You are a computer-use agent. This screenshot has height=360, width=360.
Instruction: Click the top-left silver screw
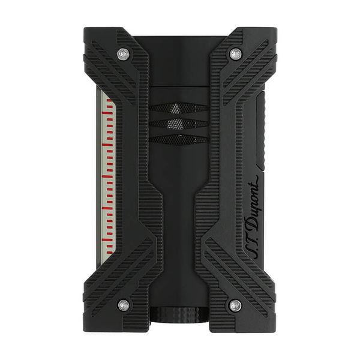click(x=123, y=55)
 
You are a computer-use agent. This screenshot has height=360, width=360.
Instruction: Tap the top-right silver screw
click(x=235, y=55)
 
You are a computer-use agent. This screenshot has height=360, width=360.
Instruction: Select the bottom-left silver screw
click(x=124, y=305)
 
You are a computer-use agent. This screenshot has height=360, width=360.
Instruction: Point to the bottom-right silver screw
click(x=235, y=305)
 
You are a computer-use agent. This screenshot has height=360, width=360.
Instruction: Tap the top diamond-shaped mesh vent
click(x=179, y=109)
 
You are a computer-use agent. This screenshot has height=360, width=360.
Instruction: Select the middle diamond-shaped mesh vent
click(x=179, y=125)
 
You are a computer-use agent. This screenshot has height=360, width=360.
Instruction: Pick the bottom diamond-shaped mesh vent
click(x=179, y=140)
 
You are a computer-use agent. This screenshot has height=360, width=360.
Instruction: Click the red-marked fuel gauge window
click(x=107, y=175)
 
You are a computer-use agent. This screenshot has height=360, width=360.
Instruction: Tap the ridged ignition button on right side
click(x=261, y=131)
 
